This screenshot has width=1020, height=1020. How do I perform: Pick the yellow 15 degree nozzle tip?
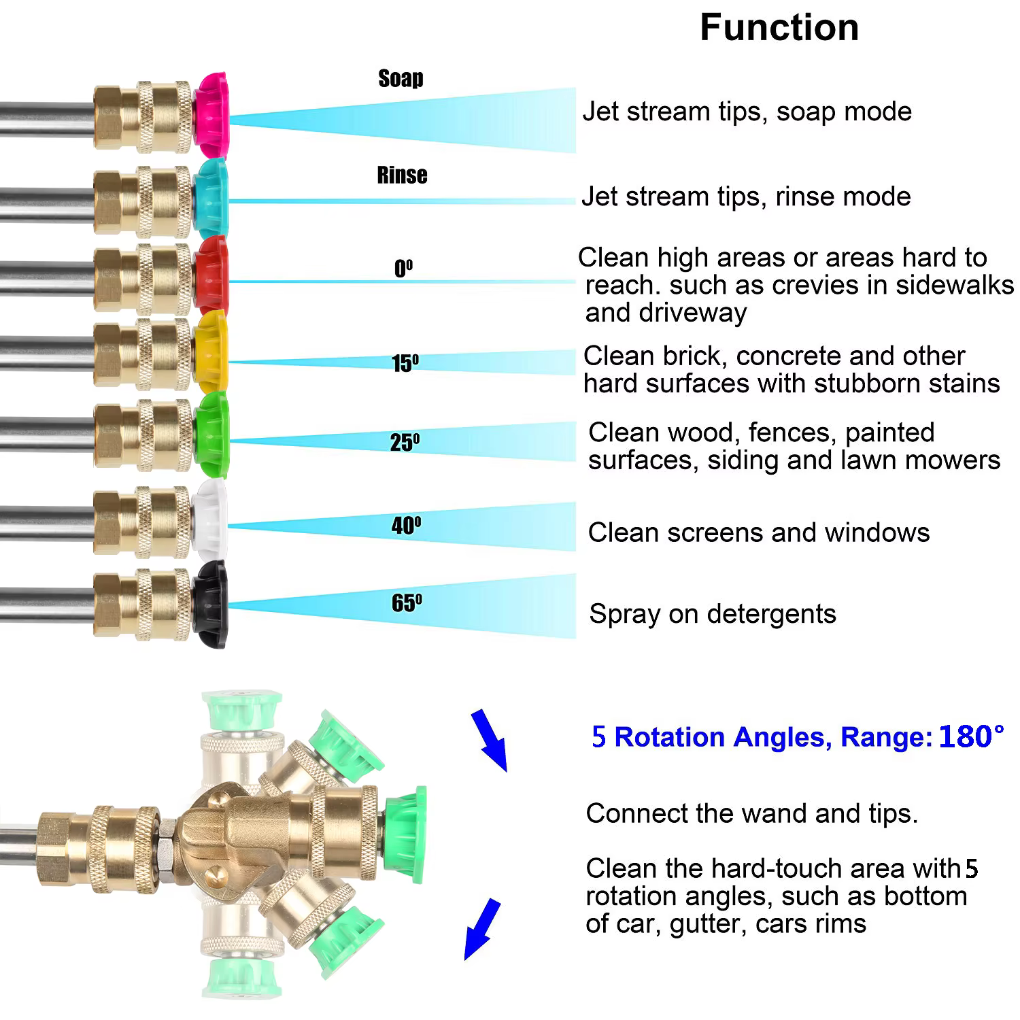(211, 352)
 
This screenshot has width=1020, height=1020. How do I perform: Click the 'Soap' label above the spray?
(401, 78)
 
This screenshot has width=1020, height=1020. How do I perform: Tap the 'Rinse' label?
(402, 175)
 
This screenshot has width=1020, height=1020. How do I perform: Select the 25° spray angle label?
(405, 443)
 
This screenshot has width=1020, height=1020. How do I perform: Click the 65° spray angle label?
(406, 602)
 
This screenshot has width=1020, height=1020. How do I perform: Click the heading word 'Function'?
(779, 28)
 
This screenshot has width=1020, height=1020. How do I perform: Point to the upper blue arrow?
(490, 740)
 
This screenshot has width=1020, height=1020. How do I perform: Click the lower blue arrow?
(481, 928)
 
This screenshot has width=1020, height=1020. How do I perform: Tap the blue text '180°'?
(971, 736)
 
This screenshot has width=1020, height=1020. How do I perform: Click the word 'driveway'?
(666, 313)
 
